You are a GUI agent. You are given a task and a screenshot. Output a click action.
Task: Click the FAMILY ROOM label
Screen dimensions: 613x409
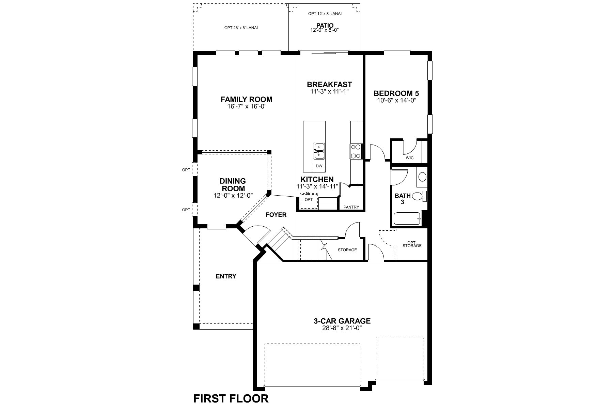point(246,100)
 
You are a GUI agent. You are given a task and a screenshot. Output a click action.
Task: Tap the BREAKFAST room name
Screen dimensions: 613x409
point(329,85)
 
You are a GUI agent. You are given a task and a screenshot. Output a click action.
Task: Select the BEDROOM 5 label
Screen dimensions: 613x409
point(396,93)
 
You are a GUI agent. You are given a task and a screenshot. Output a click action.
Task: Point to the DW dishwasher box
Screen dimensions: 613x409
point(319,166)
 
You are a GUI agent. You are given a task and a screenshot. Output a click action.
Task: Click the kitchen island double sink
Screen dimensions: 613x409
point(319,151)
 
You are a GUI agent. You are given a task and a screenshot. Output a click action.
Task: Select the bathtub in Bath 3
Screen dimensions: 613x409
point(407,218)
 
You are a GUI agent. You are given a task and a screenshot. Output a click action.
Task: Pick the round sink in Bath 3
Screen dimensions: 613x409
point(422,177)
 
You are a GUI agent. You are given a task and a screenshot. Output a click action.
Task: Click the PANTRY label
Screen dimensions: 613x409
point(351,207)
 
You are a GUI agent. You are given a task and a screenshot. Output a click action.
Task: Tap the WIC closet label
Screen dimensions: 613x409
point(409,158)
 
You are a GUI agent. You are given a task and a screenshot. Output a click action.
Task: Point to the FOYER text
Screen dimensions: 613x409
point(276,215)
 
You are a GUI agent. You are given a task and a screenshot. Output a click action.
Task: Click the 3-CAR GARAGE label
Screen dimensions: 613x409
point(342,321)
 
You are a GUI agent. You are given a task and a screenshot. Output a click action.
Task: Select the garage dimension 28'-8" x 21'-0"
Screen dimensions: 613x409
point(342,328)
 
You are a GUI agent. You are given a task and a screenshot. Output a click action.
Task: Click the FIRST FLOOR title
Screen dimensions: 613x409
point(231,398)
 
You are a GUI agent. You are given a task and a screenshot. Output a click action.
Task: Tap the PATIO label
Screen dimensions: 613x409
point(325,25)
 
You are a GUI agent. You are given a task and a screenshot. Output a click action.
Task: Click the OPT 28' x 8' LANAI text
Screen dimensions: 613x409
point(241,28)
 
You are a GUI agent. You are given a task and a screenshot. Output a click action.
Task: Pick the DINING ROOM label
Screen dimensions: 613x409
point(233,185)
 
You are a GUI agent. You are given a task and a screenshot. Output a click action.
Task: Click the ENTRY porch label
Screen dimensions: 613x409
point(226,276)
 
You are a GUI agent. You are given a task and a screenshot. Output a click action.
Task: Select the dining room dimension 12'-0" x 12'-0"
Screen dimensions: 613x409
point(233,195)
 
